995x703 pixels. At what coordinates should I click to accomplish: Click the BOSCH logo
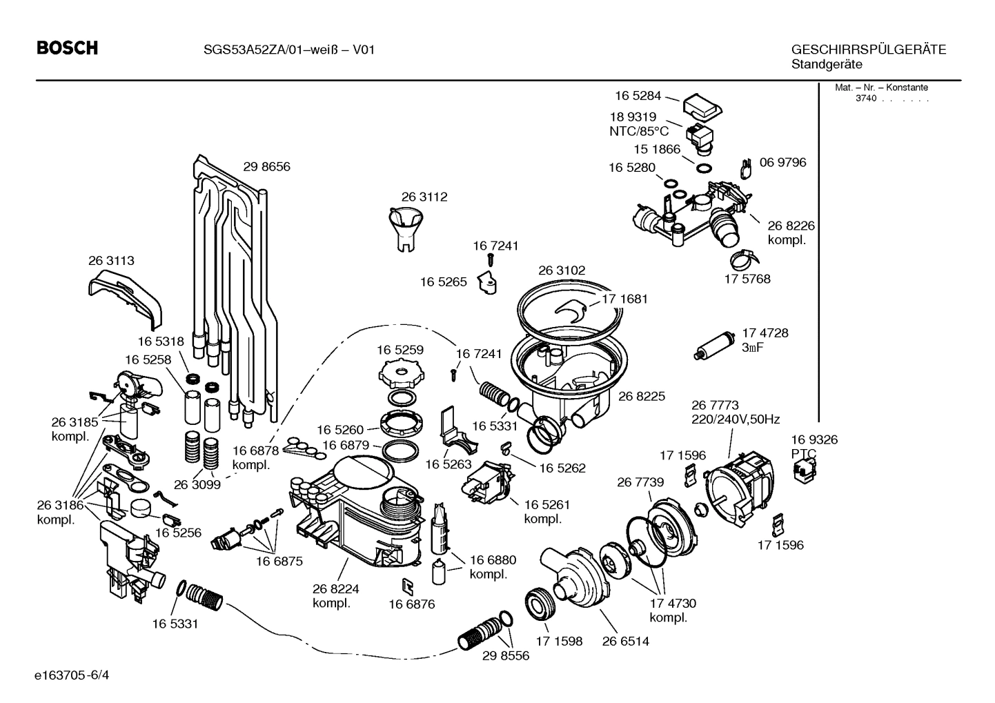67,48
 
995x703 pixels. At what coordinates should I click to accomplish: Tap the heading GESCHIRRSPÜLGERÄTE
868,50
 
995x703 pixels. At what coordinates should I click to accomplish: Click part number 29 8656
266,166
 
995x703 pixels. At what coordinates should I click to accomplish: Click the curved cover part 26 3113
127,296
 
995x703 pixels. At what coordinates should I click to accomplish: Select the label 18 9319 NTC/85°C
638,124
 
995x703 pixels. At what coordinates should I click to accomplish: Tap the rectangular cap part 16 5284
702,106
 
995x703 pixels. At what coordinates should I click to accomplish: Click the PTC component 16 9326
803,473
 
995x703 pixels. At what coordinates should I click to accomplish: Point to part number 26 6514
625,641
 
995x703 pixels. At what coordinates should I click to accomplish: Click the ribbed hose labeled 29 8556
480,633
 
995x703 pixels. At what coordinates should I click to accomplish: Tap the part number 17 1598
560,641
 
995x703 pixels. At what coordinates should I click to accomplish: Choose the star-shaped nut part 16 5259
400,375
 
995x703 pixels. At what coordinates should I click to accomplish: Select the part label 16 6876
411,604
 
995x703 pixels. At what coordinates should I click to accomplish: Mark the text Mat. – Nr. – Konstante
881,88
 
